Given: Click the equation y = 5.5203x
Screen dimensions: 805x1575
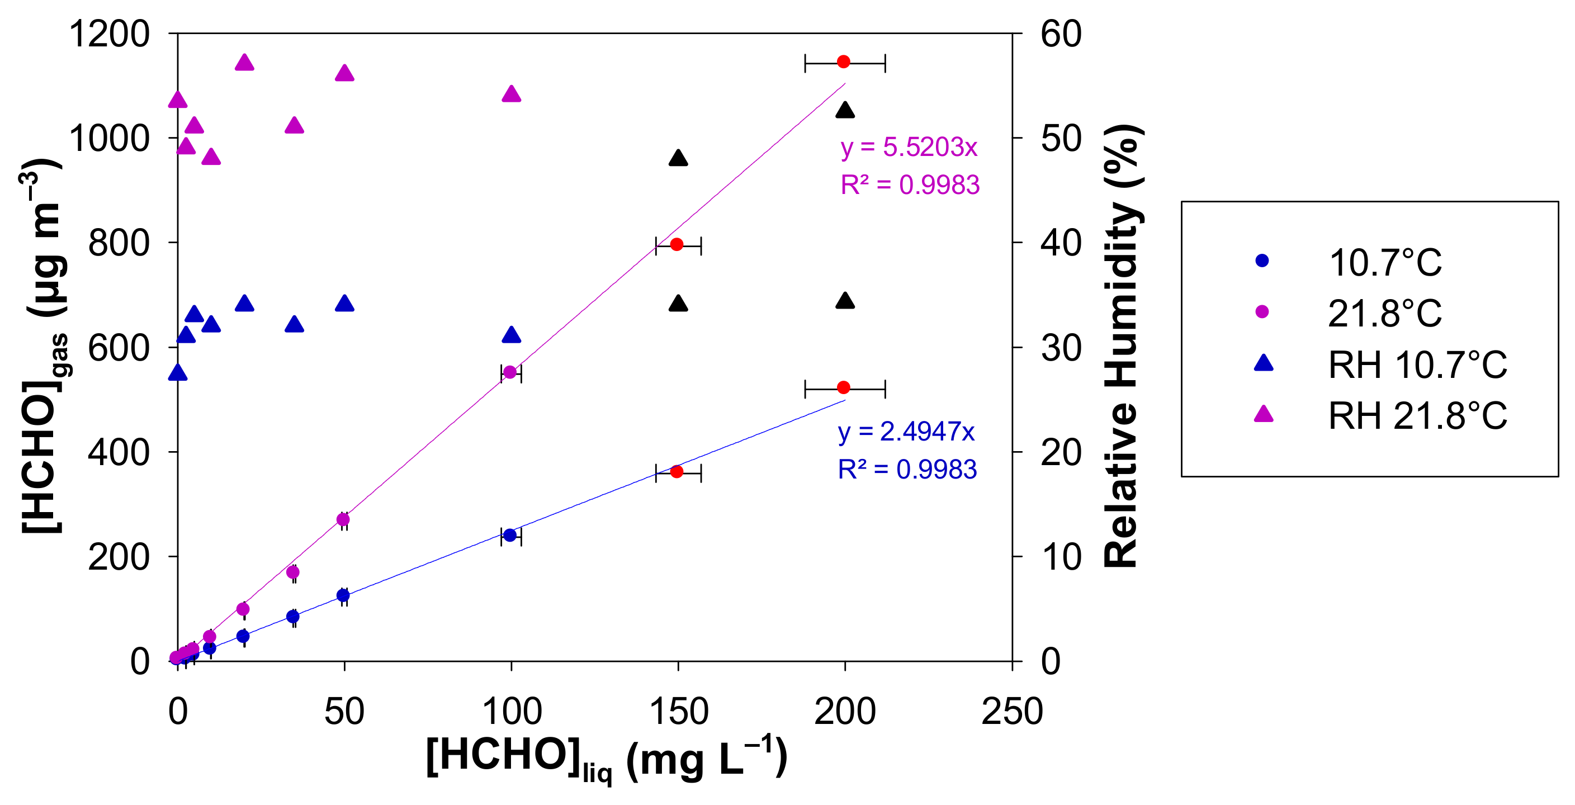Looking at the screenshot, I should [909, 148].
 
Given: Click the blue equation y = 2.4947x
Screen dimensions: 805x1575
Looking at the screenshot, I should [906, 432].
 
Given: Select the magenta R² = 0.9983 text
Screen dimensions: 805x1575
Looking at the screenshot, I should [910, 184].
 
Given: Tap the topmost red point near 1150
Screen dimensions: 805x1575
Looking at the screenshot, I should [844, 61].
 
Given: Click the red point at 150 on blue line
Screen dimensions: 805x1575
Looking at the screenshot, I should [677, 472].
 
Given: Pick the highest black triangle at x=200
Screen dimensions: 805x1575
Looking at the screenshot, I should [845, 111].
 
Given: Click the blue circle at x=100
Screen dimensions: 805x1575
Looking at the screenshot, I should [510, 536].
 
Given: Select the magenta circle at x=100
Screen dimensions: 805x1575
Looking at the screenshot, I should [510, 372].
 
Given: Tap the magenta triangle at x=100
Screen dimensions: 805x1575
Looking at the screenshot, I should [511, 94].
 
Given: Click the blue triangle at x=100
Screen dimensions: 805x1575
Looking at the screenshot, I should [511, 335].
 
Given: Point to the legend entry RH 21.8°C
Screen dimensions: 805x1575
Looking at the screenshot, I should [1417, 416].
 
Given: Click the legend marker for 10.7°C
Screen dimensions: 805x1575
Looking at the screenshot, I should [1262, 261].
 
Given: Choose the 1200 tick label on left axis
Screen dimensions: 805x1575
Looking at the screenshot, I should [109, 34].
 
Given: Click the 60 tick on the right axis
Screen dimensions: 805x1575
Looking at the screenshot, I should [1061, 34].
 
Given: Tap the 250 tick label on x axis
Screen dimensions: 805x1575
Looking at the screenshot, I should [1012, 712].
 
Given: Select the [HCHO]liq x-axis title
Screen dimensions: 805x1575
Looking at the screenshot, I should [606, 758].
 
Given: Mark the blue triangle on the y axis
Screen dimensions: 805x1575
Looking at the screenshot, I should [178, 373].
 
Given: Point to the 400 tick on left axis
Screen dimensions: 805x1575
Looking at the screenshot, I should [119, 452].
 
